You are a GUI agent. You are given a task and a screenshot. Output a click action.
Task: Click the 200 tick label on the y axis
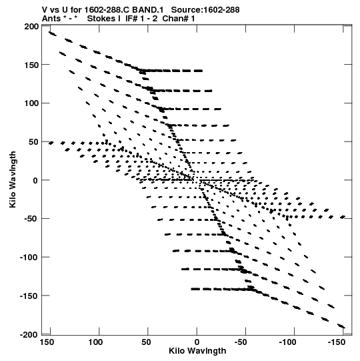pyautogui.click(x=31, y=27)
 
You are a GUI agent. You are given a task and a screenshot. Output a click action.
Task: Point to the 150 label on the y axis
pyautogui.click(x=31, y=65)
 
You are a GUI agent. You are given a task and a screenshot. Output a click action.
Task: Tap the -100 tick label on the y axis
pyautogui.click(x=29, y=257)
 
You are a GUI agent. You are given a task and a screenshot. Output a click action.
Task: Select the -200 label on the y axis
pyautogui.click(x=29, y=334)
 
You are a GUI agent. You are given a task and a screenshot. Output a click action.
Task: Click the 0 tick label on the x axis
pyautogui.click(x=197, y=342)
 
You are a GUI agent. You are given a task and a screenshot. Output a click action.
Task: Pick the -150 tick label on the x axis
pyautogui.click(x=335, y=342)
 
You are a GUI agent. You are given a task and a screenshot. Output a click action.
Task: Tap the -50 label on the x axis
pyautogui.click(x=241, y=342)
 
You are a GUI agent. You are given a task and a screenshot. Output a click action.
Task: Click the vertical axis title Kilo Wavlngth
pyautogui.click(x=13, y=179)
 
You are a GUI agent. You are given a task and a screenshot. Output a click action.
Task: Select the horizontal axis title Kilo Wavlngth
pyautogui.click(x=197, y=351)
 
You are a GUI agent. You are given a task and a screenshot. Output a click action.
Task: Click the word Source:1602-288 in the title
pyautogui.click(x=205, y=10)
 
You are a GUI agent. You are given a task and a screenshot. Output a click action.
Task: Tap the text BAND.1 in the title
pyautogui.click(x=148, y=10)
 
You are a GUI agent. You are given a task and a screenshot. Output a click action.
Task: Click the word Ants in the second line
pyautogui.click(x=51, y=19)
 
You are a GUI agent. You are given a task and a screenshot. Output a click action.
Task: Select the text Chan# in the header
pyautogui.click(x=175, y=19)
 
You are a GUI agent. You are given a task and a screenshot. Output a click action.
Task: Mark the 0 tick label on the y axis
pyautogui.click(x=35, y=180)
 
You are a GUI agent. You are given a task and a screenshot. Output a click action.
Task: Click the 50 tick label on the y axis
pyautogui.click(x=33, y=142)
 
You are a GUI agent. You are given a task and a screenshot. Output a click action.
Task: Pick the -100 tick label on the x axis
pyautogui.click(x=288, y=342)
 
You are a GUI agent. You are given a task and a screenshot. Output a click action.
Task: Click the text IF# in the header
pyautogui.click(x=131, y=19)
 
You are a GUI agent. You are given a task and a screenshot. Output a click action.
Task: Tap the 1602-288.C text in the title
pyautogui.click(x=107, y=10)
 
